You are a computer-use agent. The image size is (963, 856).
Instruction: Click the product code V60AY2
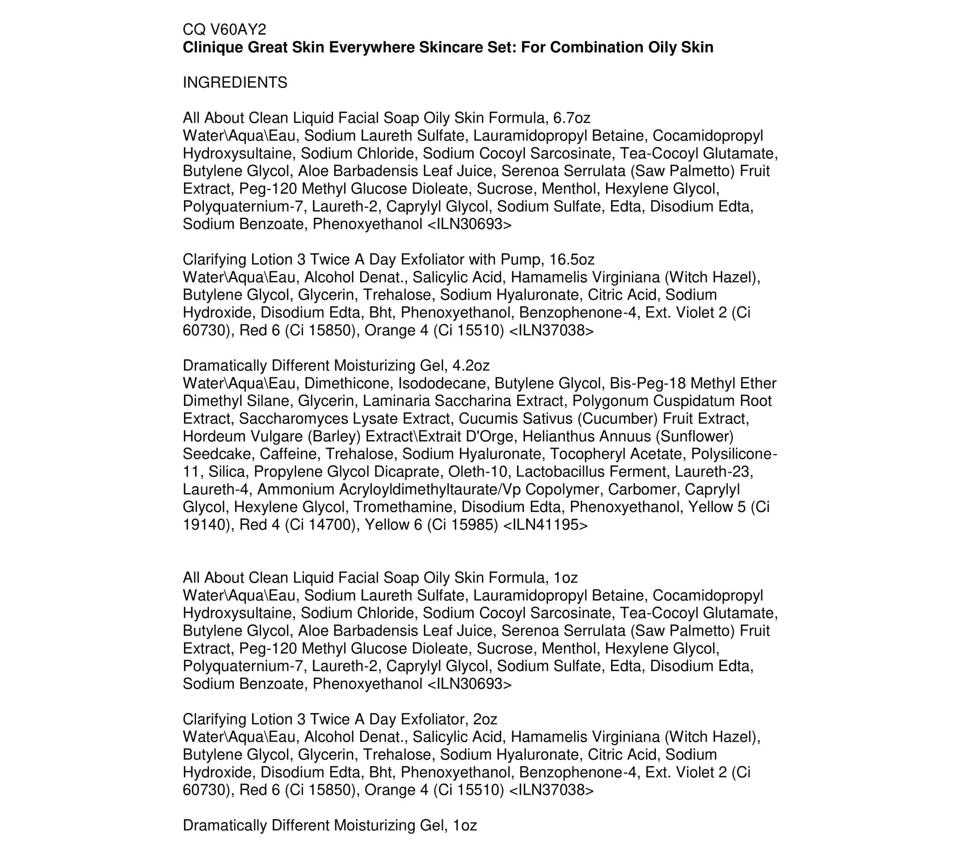238,30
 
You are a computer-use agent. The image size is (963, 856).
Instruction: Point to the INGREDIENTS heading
235,83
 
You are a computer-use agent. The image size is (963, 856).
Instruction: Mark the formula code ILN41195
545,525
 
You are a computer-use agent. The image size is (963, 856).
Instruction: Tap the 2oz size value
485,719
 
